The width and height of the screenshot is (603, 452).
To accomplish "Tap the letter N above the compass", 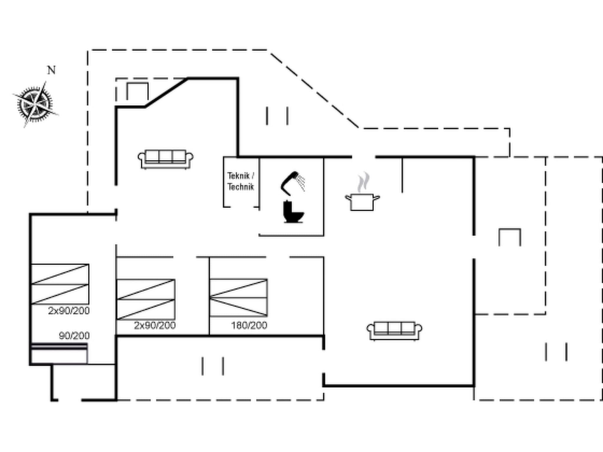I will click(52, 70).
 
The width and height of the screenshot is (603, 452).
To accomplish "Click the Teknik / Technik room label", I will click(241, 181).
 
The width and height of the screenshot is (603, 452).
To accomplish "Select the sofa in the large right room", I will click(394, 330).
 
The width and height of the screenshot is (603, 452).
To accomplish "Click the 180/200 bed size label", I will click(249, 325).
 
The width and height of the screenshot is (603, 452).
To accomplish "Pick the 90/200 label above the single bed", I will click(74, 336).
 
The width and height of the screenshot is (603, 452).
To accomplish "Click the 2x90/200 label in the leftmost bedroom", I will click(69, 311).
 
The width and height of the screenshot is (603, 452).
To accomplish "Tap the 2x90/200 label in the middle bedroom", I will click(155, 325).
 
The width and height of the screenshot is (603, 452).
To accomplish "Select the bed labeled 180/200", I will click(238, 298).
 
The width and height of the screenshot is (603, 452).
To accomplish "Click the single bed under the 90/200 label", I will click(59, 353).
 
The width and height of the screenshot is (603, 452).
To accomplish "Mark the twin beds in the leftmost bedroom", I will click(60, 284).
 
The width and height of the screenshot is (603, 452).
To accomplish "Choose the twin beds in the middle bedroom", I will click(146, 299).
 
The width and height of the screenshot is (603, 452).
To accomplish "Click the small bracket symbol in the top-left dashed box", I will click(138, 91).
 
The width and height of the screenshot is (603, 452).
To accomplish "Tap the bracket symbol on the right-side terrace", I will click(510, 237).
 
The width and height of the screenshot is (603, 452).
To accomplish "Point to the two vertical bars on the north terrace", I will click(277, 116).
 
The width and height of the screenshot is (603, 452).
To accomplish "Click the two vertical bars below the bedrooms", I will click(213, 366).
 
